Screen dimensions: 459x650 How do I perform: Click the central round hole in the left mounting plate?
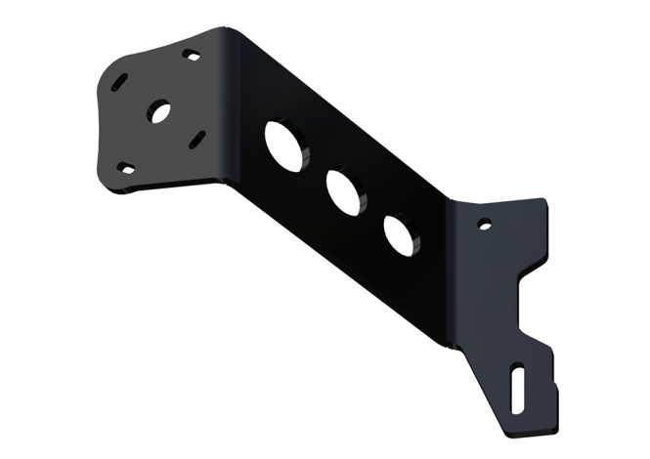158,112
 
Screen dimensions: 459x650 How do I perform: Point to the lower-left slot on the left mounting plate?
125,167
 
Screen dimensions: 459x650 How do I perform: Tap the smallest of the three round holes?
400,234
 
